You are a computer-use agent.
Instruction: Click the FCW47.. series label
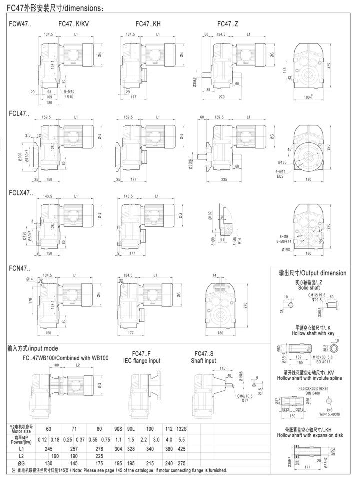coord(20,23)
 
